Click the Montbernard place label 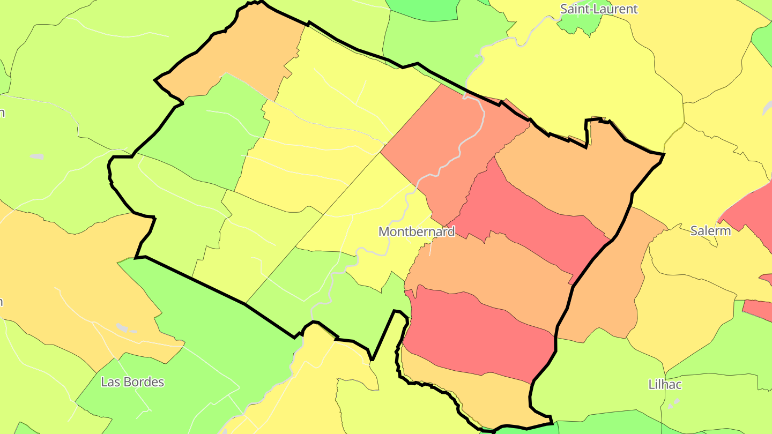[x=417, y=231]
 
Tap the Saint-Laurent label [x=599, y=9]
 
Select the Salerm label [x=710, y=231]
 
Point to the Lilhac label [x=665, y=384]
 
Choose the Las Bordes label [x=132, y=382]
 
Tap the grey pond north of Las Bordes [x=123, y=327]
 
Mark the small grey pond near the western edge [x=36, y=156]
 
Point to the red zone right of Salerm [x=751, y=214]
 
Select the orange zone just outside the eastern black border [x=606, y=289]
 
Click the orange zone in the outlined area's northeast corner [x=568, y=171]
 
